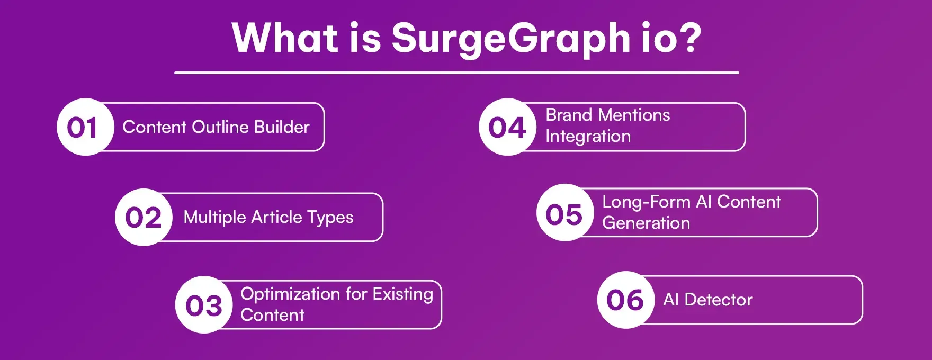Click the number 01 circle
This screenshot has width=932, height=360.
85,127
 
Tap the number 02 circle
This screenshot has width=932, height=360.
144,217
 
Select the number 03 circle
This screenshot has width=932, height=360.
204,305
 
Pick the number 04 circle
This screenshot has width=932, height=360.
507,127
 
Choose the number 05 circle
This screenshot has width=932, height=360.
564,213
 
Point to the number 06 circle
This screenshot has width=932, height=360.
625,300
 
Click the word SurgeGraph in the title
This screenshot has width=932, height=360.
510,39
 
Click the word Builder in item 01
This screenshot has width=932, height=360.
282,127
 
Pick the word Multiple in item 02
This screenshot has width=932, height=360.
215,217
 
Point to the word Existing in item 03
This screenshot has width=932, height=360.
403,294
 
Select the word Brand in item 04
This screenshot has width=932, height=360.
569,115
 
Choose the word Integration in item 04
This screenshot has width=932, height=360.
588,137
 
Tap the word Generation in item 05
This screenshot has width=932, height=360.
646,223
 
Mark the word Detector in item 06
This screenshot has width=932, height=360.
718,300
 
